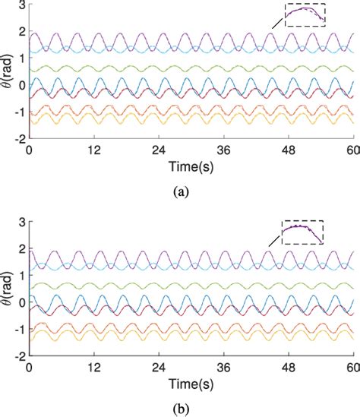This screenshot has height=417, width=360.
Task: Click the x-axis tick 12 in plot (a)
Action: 93,150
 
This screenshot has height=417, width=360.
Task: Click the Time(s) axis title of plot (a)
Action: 190,166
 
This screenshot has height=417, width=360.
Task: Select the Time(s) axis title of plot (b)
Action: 190,381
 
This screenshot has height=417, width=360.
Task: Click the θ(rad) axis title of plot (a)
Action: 7,72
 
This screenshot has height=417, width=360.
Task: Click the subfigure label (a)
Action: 179,193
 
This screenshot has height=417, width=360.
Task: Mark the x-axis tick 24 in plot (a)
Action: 158,150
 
